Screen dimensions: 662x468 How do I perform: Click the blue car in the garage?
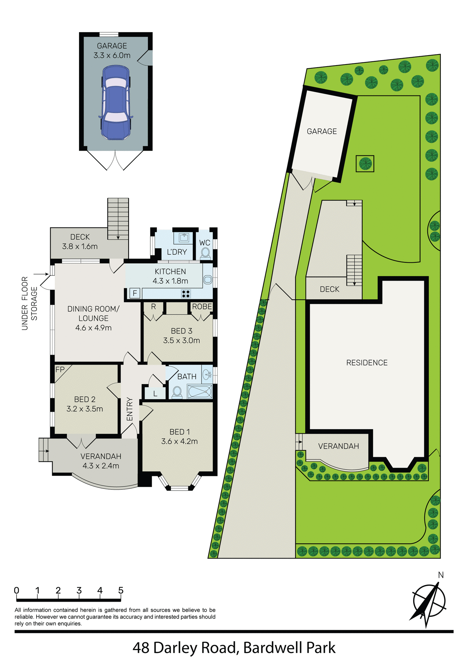(116, 103)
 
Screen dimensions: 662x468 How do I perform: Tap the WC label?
(205, 243)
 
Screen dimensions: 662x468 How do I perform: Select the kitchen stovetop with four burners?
(186, 294)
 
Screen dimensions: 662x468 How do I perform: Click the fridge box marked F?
(135, 293)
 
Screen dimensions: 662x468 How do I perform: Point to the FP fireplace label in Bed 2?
(60, 370)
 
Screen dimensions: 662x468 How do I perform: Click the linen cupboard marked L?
(155, 393)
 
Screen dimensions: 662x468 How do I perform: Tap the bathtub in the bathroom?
(199, 392)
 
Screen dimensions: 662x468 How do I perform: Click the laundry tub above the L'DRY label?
(184, 238)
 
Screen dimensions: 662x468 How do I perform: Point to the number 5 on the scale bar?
(121, 590)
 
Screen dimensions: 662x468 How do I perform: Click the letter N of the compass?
(441, 575)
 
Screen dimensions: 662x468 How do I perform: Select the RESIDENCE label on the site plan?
(367, 363)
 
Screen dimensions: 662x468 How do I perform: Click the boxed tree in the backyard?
(365, 163)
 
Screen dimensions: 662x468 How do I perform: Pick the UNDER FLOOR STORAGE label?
(29, 303)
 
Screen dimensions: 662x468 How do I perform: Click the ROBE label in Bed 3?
(202, 307)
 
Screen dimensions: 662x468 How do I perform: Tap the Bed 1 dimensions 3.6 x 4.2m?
(179, 441)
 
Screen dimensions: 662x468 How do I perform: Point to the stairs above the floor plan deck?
(118, 219)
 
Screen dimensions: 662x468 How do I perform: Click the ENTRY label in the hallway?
(130, 409)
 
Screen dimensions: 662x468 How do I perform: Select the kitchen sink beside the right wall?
(208, 280)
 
